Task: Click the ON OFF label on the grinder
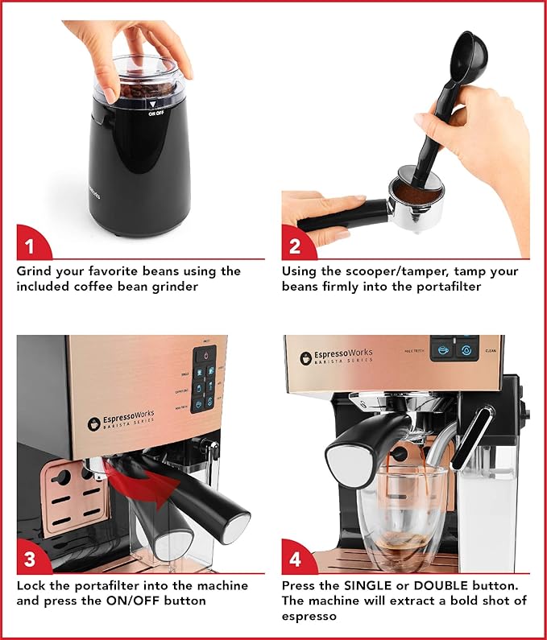pos(157,114)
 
